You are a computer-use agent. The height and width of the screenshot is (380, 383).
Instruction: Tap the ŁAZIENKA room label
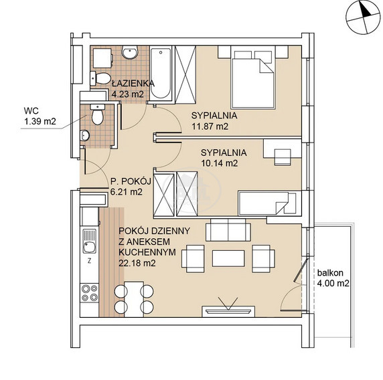coord(133,84)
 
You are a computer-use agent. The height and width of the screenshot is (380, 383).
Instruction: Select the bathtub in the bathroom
coord(161,73)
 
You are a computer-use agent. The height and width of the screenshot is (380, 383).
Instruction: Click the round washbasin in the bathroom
coord(130,52)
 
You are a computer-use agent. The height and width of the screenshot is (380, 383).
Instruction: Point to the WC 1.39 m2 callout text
coord(40,116)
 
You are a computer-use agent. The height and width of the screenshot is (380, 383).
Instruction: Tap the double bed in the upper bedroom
coord(253,80)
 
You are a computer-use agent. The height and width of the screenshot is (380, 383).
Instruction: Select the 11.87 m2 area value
coord(210,126)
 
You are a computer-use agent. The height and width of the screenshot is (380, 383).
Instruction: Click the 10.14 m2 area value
coord(220,163)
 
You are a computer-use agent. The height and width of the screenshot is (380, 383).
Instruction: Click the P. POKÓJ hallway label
coord(131,181)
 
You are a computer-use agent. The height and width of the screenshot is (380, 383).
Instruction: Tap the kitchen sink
coord(89,241)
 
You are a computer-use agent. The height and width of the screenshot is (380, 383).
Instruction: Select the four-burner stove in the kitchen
coord(90,292)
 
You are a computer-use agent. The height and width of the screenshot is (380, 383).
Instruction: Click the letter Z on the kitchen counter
coord(90,261)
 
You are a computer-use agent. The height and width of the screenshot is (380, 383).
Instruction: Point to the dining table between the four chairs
coord(134,299)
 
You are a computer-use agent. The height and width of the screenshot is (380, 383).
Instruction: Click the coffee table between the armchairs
coord(228,258)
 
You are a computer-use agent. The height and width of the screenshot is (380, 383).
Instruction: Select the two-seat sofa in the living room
coord(228,229)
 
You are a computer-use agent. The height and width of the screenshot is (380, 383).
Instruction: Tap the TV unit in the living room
coord(228,311)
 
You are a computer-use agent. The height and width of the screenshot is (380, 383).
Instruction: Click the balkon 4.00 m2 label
coord(333,278)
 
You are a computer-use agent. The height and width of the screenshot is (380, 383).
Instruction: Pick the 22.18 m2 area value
coord(137,263)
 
